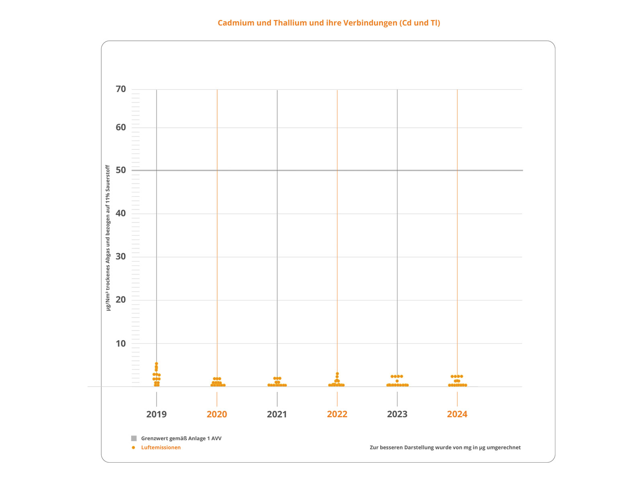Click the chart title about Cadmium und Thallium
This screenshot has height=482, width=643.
click(329, 23)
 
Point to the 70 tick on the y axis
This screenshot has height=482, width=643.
click(121, 89)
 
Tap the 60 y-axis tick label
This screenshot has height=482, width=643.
click(121, 127)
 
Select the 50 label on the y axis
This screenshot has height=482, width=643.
click(121, 170)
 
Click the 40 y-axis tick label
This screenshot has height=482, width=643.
click(121, 213)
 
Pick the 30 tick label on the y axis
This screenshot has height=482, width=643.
click(121, 256)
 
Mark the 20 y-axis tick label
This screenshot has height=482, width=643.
click(121, 300)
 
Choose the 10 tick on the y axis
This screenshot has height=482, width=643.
click(121, 343)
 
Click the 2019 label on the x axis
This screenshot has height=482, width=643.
click(156, 414)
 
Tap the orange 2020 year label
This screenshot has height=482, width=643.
click(217, 414)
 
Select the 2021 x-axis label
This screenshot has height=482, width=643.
click(277, 414)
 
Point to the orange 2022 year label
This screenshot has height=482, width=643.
click(337, 414)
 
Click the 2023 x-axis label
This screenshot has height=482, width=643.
click(397, 414)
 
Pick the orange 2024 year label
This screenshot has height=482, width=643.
click(457, 414)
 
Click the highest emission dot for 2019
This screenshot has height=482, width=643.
click(156, 364)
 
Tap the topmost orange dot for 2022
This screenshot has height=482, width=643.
click(337, 374)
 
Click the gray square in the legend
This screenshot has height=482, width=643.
click(134, 438)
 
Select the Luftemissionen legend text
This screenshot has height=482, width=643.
click(161, 447)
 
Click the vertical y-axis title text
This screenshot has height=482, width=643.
click(108, 238)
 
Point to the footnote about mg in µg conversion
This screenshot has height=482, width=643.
click(445, 447)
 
